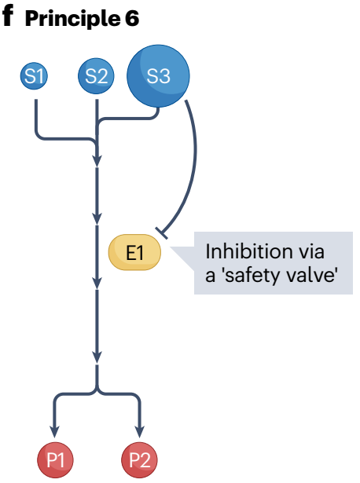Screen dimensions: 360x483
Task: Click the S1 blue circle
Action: pyautogui.click(x=34, y=75)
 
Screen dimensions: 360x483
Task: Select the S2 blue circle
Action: pyautogui.click(x=96, y=75)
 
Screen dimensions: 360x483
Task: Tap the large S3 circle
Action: pyautogui.click(x=158, y=75)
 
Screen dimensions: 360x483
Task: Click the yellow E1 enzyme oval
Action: pyautogui.click(x=134, y=252)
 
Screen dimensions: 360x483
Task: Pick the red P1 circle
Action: pyautogui.click(x=55, y=460)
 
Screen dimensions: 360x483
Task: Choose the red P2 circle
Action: pyautogui.click(x=140, y=460)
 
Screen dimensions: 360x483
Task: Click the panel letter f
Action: pyautogui.click(x=8, y=16)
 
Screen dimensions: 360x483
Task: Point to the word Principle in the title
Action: pyautogui.click(x=72, y=19)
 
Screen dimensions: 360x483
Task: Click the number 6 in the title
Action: pyautogui.click(x=132, y=18)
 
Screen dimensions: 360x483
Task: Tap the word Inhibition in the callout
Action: pyautogui.click(x=248, y=251)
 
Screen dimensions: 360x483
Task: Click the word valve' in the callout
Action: pyautogui.click(x=310, y=274)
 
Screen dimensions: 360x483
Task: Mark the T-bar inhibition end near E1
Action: pyautogui.click(x=162, y=233)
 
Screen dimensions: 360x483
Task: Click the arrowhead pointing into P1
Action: pyautogui.click(x=55, y=432)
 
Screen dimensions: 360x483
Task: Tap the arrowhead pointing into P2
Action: pyautogui.click(x=140, y=432)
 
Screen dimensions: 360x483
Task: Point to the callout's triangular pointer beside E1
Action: pyautogui.click(x=182, y=258)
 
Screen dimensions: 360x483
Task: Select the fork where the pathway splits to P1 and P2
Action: pyautogui.click(x=97, y=392)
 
